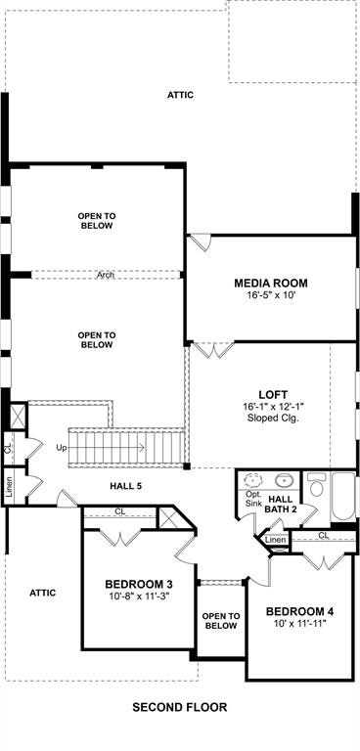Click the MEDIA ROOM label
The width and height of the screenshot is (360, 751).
click(271, 283)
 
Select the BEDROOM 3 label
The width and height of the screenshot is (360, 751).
click(139, 585)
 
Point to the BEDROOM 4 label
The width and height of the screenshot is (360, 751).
click(300, 611)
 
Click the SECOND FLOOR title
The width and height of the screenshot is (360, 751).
click(180, 707)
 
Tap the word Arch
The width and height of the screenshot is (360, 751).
click(106, 276)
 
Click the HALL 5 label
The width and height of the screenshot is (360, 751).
click(126, 486)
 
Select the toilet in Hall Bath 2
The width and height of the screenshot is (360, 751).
click(316, 484)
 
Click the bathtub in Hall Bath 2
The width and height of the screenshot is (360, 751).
click(343, 497)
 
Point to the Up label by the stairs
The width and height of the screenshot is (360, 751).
click(62, 448)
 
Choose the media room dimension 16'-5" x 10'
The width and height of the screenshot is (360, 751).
click(271, 295)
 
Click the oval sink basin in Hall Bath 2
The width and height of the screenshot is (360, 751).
click(285, 479)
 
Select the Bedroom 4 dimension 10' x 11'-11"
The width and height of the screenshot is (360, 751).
click(300, 624)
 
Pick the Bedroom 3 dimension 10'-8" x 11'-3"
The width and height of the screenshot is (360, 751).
click(139, 596)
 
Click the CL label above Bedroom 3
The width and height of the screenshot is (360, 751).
click(120, 511)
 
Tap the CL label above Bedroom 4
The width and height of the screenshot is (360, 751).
click(324, 536)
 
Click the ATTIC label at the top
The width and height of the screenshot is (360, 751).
click(180, 95)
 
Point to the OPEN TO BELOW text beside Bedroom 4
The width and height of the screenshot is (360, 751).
click(220, 621)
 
